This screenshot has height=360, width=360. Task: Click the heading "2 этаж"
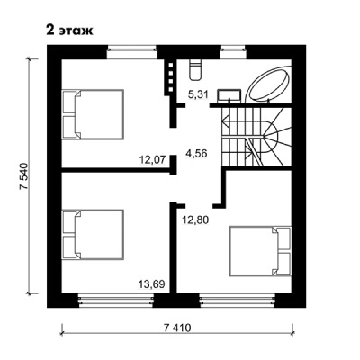click(x=69, y=31)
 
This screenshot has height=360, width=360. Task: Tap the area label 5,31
click(x=198, y=94)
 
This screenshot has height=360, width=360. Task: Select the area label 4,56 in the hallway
click(x=196, y=153)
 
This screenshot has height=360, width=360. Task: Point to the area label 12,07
click(x=153, y=159)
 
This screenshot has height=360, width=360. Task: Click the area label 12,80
click(x=195, y=220)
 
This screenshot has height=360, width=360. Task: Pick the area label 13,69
click(x=152, y=283)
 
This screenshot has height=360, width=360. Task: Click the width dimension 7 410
click(x=177, y=328)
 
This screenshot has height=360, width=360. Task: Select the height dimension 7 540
click(x=23, y=176)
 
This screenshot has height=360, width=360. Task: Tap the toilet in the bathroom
click(x=195, y=69)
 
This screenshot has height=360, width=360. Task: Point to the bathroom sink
click(x=229, y=94)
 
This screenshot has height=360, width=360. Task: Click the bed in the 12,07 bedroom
click(x=93, y=114)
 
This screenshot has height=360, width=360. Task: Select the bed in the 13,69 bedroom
click(x=93, y=234)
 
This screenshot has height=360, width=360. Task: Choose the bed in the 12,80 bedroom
click(x=260, y=251)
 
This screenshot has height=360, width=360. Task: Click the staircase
click(x=256, y=137)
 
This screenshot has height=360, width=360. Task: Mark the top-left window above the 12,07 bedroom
click(x=132, y=52)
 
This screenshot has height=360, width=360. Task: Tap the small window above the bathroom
click(x=233, y=52)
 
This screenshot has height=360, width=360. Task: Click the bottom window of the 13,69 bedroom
click(x=116, y=301)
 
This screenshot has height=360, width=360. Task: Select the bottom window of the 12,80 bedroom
click(x=237, y=301)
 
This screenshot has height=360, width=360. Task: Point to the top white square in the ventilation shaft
click(x=171, y=65)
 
